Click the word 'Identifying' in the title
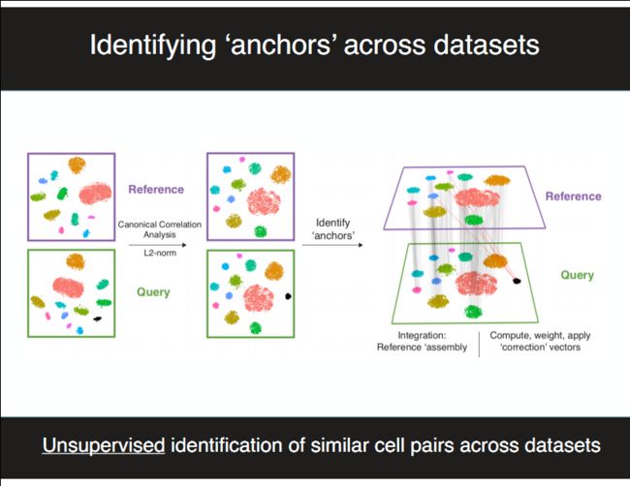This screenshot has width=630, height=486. (x=153, y=46)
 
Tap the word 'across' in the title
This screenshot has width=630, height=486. (x=384, y=45)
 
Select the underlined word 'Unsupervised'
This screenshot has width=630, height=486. (x=104, y=446)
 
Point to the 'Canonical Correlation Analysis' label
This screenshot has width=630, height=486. (x=160, y=229)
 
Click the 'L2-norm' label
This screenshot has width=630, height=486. (x=160, y=253)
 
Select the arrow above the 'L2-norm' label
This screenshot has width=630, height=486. (x=157, y=245)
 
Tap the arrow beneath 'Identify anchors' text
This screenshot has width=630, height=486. (x=332, y=245)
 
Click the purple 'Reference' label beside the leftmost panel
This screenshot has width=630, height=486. (x=156, y=190)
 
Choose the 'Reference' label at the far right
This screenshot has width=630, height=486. (x=574, y=197)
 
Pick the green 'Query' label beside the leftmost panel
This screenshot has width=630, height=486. (x=153, y=292)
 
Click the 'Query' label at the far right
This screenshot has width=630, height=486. (x=578, y=275)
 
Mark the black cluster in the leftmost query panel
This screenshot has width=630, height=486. (x=97, y=319)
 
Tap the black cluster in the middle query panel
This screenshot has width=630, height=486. (x=288, y=296)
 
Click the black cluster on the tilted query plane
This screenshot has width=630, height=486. (x=517, y=281)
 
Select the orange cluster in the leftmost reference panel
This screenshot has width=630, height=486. (x=77, y=165)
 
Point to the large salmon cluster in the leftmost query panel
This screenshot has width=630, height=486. (x=68, y=288)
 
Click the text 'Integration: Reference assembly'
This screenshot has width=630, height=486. (x=422, y=341)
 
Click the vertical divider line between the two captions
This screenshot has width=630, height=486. (x=479, y=344)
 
